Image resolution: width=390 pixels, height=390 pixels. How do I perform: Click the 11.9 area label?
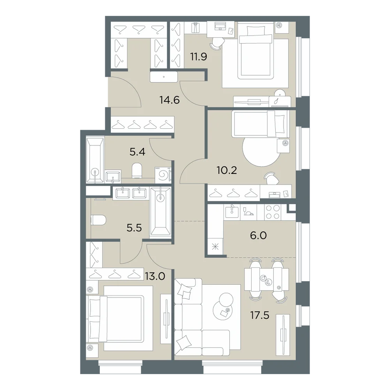pos(199,57)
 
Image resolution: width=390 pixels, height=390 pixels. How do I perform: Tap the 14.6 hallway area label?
pos(170,100)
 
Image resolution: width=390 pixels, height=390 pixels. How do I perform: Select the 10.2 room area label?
pos(227,171)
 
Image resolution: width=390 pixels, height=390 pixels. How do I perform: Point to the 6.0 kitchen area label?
pos(259,235)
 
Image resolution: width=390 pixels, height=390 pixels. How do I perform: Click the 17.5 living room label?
pos(260,316)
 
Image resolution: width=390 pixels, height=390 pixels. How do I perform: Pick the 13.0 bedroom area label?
pos(155,276)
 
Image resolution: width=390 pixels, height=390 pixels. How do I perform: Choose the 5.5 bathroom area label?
pos(134,228)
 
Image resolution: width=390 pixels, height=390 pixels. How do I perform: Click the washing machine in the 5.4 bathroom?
pos(163,175)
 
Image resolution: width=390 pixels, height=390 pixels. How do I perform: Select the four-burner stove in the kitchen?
pos(273,212)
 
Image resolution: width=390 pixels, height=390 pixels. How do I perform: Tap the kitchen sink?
pos(232,212)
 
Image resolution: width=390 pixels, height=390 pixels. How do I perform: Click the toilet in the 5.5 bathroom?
pos(99,220)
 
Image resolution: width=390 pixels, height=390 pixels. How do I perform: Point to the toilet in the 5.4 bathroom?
pos(136,170)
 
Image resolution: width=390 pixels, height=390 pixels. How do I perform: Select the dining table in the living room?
pos(267,279)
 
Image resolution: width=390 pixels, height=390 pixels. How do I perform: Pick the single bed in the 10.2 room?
pos(261,124)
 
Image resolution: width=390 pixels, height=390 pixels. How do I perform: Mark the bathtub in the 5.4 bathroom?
pos(95,160)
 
